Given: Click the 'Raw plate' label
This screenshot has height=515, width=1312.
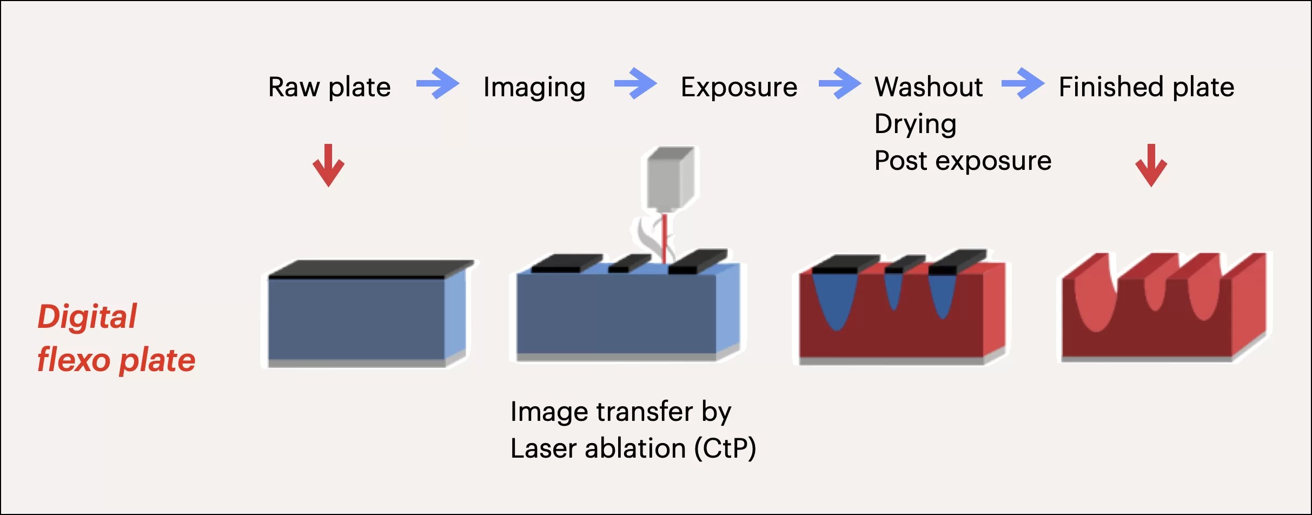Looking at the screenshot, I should tap(329, 87).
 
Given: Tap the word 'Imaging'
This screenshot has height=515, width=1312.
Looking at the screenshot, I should tap(534, 87).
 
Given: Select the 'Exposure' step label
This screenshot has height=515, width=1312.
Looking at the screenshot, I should tap(739, 87).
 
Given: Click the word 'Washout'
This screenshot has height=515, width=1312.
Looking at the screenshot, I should tap(929, 87).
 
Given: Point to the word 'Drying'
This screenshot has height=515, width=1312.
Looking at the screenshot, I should tap(915, 124).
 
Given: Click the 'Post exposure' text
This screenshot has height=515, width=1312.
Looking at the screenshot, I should tap(963, 161).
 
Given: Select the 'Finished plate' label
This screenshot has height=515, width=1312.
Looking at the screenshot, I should tap(1146, 87).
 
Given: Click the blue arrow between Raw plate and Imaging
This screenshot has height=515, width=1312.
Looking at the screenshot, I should tap(438, 83).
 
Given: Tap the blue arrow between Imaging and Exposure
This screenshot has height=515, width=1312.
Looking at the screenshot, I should tap(635, 83).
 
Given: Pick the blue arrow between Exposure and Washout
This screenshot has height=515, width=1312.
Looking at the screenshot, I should tap(840, 83).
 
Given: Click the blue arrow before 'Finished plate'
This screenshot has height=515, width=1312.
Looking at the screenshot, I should tap(1023, 83).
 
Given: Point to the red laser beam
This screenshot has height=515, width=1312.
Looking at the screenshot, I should tap(665, 238).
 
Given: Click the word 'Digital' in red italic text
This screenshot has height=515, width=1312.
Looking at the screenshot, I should tap(87, 316).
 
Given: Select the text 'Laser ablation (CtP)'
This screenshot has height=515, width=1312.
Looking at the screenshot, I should tap(633, 448).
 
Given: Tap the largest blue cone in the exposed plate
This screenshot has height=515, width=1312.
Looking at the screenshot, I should tap(836, 303).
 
